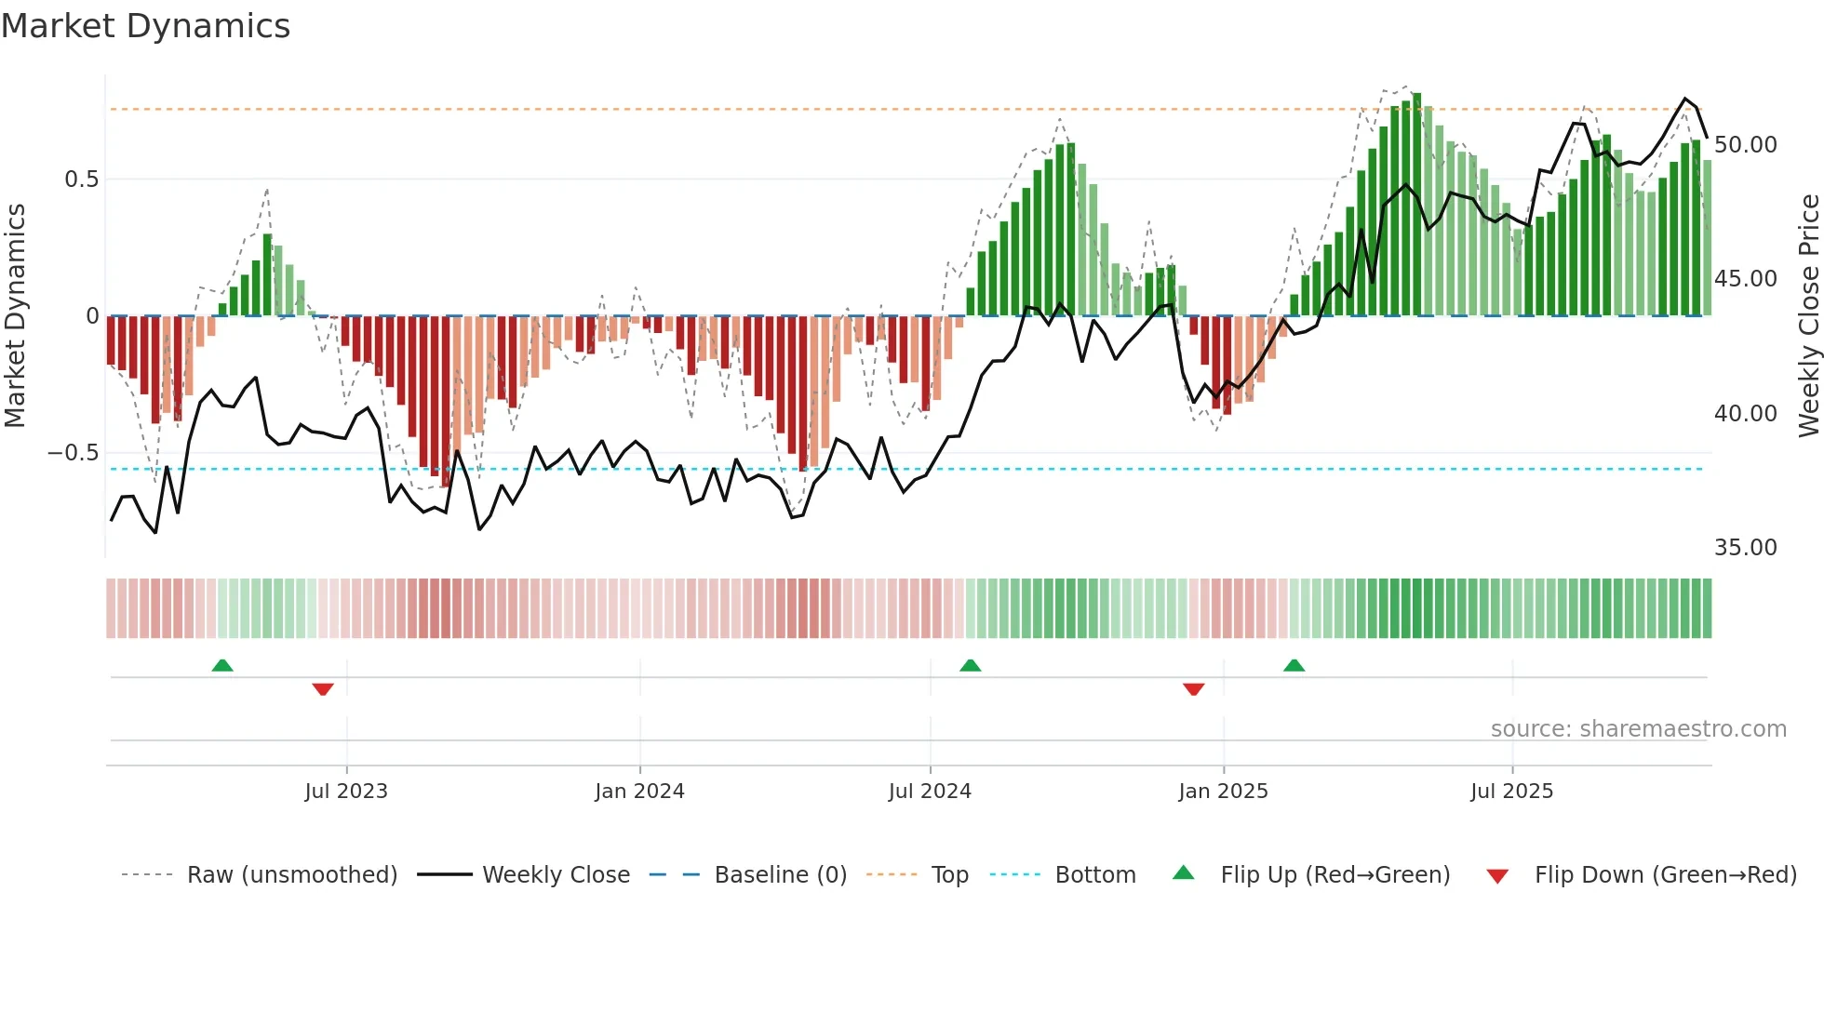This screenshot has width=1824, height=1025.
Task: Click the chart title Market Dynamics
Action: point(145,26)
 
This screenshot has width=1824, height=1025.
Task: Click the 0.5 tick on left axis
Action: point(81,180)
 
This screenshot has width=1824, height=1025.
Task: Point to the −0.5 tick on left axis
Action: point(73,453)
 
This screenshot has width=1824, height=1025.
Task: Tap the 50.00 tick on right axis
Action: point(1745,145)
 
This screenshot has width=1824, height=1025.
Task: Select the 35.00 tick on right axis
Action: point(1745,548)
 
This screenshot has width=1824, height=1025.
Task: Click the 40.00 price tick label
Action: point(1745,414)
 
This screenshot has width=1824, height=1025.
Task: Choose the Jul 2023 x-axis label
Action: point(345,792)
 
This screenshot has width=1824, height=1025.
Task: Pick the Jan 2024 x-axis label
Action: point(639,792)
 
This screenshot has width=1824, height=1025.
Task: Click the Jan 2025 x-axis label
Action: point(1223,792)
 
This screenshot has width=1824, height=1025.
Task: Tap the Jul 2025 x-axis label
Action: point(1511,792)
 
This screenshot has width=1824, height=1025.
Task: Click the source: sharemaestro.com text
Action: point(1638,729)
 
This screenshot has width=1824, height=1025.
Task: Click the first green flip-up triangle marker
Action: point(222,665)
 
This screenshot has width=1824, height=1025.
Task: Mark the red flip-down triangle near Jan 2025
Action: point(1193,689)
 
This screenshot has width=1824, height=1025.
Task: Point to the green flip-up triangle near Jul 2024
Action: point(970,665)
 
